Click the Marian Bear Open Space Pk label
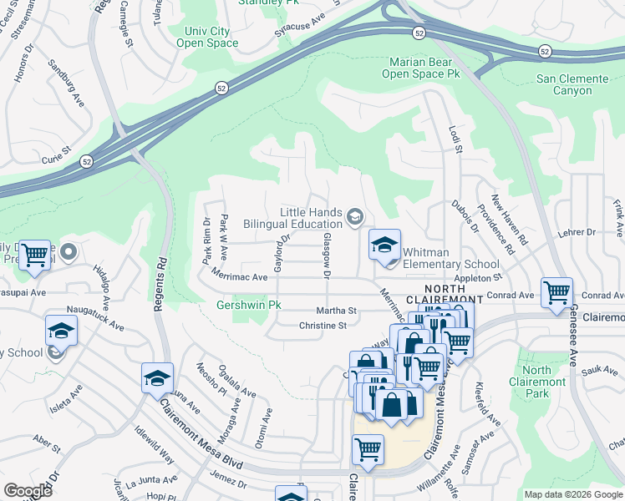(421, 68)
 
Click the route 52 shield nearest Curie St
(86, 160)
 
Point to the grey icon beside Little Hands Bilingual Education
(355, 218)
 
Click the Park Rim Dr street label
(206, 241)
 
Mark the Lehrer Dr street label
(577, 232)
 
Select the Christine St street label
(323, 326)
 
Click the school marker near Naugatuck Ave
(61, 331)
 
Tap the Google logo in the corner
(28, 490)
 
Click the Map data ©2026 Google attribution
(572, 494)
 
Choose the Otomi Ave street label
(264, 428)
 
